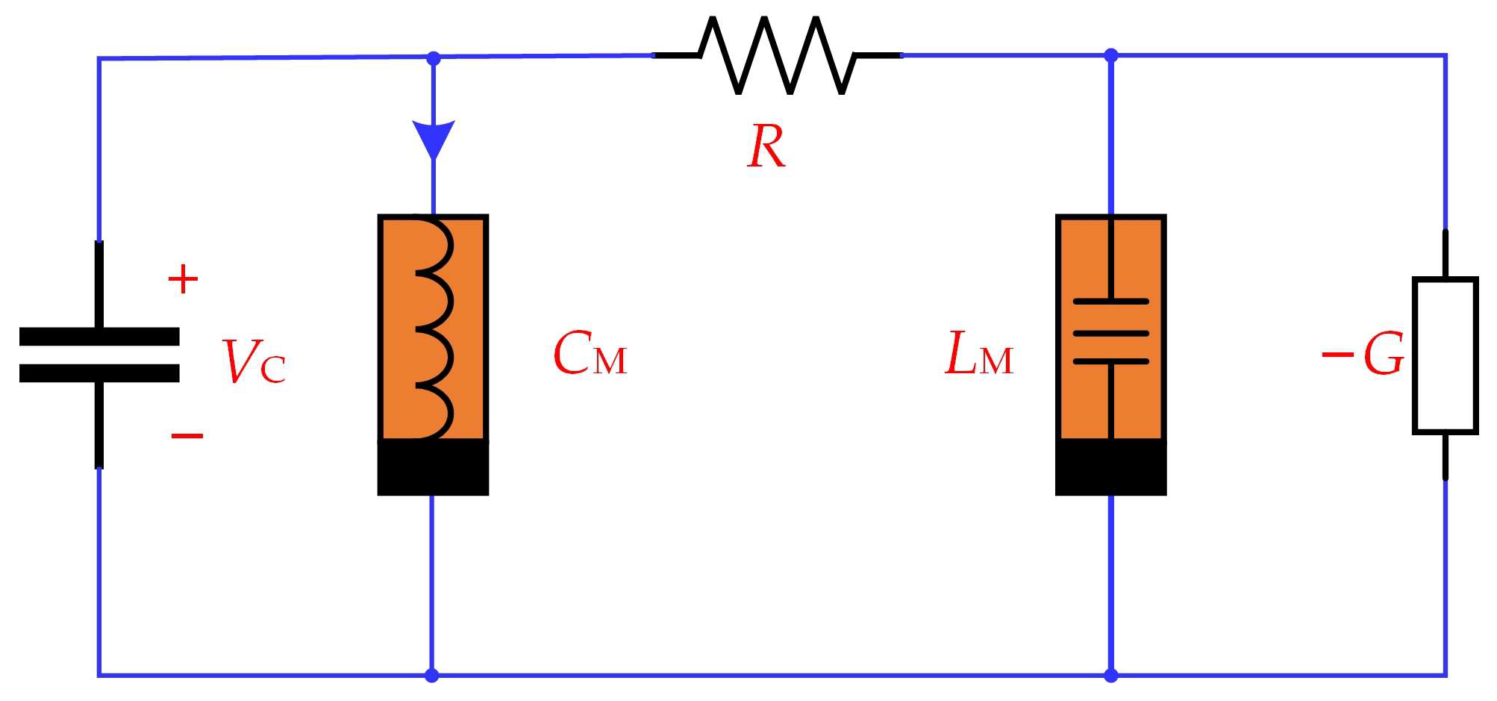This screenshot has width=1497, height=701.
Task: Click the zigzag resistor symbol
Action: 776,55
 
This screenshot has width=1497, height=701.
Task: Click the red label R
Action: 766,146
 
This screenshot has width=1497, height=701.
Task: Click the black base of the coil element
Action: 433,467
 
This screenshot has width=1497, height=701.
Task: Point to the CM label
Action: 590,355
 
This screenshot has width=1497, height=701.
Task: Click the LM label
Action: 979,355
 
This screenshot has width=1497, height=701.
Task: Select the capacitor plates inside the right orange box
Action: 1110,332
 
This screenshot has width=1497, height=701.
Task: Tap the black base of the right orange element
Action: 1110,467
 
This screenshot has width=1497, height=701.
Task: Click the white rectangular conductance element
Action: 1445,355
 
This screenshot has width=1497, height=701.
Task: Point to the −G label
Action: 1363,355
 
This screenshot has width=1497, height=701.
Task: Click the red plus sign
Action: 183,280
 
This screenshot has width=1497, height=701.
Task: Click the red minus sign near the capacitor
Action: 187,435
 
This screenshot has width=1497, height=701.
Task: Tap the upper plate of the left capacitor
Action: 99,337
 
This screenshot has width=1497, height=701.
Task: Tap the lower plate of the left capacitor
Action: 99,373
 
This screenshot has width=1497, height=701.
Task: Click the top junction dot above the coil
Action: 433,57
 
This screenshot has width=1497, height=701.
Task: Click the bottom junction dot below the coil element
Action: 431,676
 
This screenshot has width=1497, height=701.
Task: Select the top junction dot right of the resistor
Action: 1110,54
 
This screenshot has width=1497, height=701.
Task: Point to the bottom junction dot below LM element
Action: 1110,676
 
